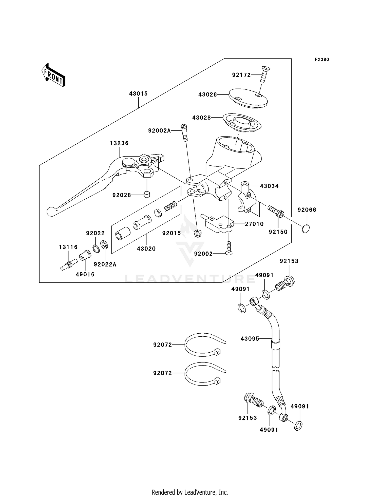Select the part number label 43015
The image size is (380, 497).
138,94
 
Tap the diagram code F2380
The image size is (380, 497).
322,60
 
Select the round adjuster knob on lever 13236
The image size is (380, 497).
129,163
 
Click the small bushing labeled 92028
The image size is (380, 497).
146,195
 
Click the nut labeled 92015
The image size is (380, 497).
197,233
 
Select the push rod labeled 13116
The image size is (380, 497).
69,265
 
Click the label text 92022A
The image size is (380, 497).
105,264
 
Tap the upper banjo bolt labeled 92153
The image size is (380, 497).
285,284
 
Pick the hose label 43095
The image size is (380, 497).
250,339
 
